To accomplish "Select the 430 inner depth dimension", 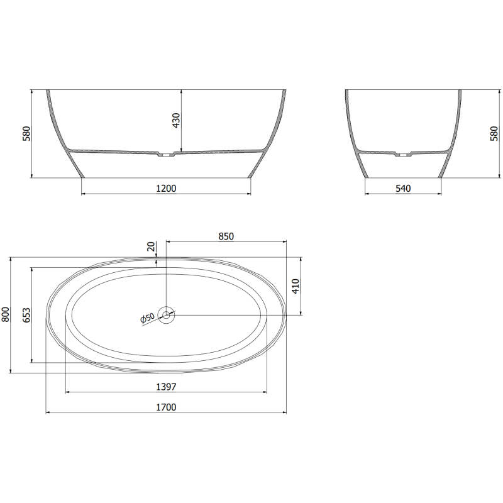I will click(176, 120).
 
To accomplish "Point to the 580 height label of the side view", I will click(494, 134).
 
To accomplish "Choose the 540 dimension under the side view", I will click(403, 188).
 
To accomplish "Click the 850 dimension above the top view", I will click(226, 236).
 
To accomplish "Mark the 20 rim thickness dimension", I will click(151, 247).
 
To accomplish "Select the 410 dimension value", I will click(297, 286).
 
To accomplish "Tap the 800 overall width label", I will click(6, 314).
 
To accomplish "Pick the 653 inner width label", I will click(26, 314).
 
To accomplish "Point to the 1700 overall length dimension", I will click(166, 407).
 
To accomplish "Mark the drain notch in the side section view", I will click(403, 153).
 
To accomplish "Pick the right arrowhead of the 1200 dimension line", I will click(248, 194).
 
